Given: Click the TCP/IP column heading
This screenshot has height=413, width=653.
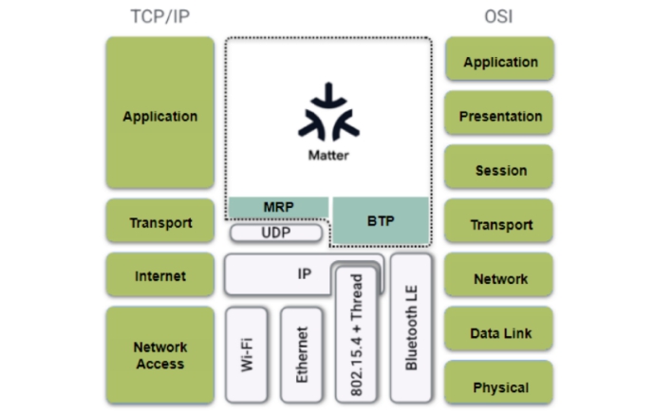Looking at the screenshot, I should (160, 17).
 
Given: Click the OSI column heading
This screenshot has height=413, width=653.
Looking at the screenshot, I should (499, 17).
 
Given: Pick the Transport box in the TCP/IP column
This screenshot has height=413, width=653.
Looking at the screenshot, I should (160, 223).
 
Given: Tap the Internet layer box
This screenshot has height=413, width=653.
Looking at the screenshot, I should (160, 276).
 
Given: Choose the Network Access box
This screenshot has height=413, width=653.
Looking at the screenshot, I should (160, 355).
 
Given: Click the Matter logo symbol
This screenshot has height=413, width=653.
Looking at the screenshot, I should (328, 114).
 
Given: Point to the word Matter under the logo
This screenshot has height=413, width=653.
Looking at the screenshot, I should (328, 155).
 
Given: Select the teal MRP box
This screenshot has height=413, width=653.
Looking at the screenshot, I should (277, 207).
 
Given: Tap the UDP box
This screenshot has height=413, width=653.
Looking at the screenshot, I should (276, 232).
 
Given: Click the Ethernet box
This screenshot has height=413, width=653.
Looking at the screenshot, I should (303, 354).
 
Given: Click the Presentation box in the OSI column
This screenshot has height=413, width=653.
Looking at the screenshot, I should (499, 116).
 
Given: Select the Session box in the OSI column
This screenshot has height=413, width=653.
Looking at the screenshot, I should (499, 170).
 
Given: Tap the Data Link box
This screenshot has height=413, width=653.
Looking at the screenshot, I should (499, 332).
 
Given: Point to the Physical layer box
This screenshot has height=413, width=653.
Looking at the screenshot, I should (499, 386).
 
